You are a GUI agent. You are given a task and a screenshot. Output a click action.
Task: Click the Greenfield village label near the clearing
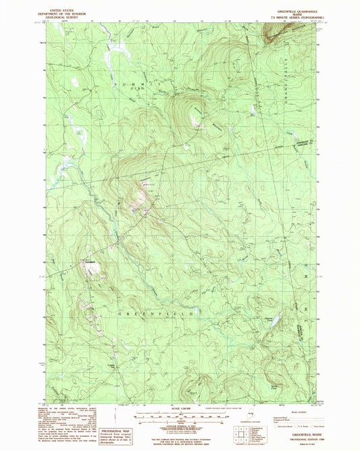point(90,261)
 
